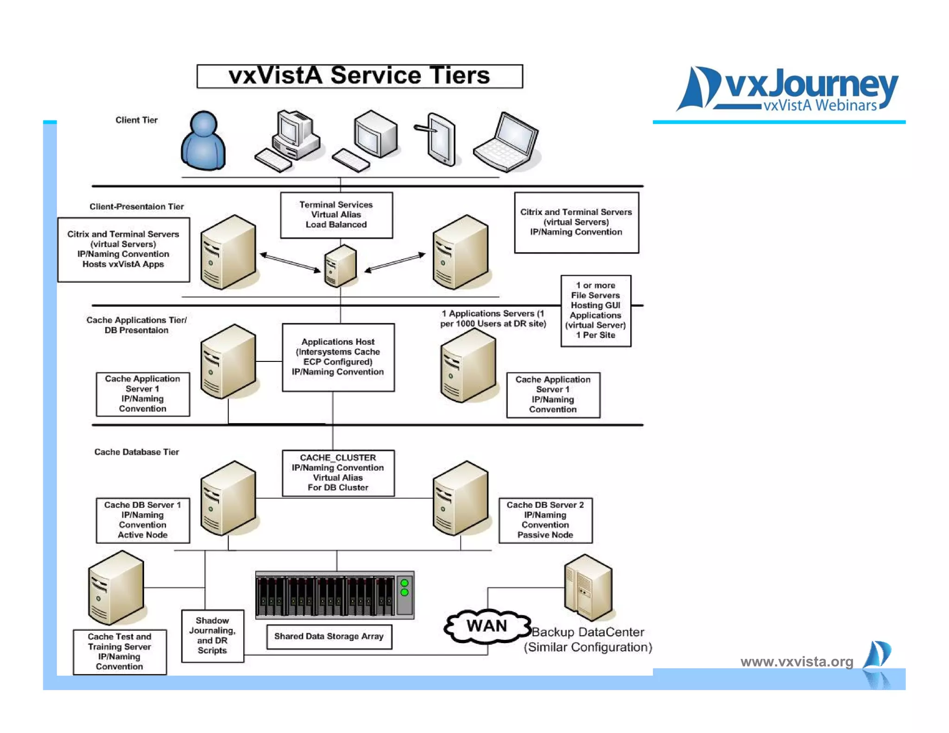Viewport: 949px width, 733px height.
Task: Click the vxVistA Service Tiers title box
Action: tap(360, 76)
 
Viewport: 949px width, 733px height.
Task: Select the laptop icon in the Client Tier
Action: tap(507, 142)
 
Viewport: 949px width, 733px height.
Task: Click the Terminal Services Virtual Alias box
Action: tap(336, 215)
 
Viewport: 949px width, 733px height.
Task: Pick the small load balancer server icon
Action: tap(340, 266)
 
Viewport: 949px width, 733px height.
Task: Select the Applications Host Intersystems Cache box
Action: tap(338, 357)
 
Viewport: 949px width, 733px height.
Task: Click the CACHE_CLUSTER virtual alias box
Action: tap(338, 473)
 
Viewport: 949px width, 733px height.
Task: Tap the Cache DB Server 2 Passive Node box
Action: tap(545, 520)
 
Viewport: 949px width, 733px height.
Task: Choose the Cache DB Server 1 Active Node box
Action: tap(143, 520)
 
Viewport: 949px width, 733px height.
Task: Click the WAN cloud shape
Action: tap(487, 626)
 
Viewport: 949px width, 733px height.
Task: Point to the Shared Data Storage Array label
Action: tap(329, 637)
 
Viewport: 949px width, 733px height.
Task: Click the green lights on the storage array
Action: tap(405, 588)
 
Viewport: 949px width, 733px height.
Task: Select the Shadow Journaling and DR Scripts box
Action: tap(212, 636)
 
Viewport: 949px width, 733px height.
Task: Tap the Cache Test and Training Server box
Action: tap(120, 651)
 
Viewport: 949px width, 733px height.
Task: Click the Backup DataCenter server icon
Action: tap(588, 588)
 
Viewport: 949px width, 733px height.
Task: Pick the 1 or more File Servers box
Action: tap(595, 310)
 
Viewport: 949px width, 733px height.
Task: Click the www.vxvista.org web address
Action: tap(797, 662)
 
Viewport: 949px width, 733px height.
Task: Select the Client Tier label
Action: tap(136, 120)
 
